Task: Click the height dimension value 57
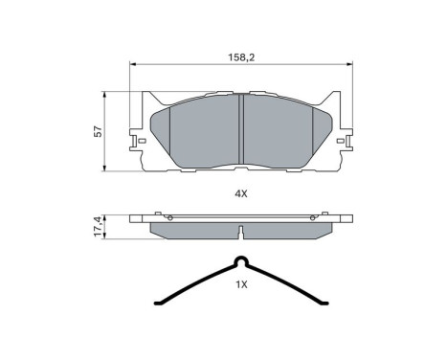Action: pos(98,132)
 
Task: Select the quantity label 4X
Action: pos(241,193)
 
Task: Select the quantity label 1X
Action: pos(241,284)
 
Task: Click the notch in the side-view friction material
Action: pos(241,230)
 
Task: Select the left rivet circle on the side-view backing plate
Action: pos(168,218)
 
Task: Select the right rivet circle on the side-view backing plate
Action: pos(314,218)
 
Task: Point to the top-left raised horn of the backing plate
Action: pos(145,98)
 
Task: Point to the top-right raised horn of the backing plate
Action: pos(337,98)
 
